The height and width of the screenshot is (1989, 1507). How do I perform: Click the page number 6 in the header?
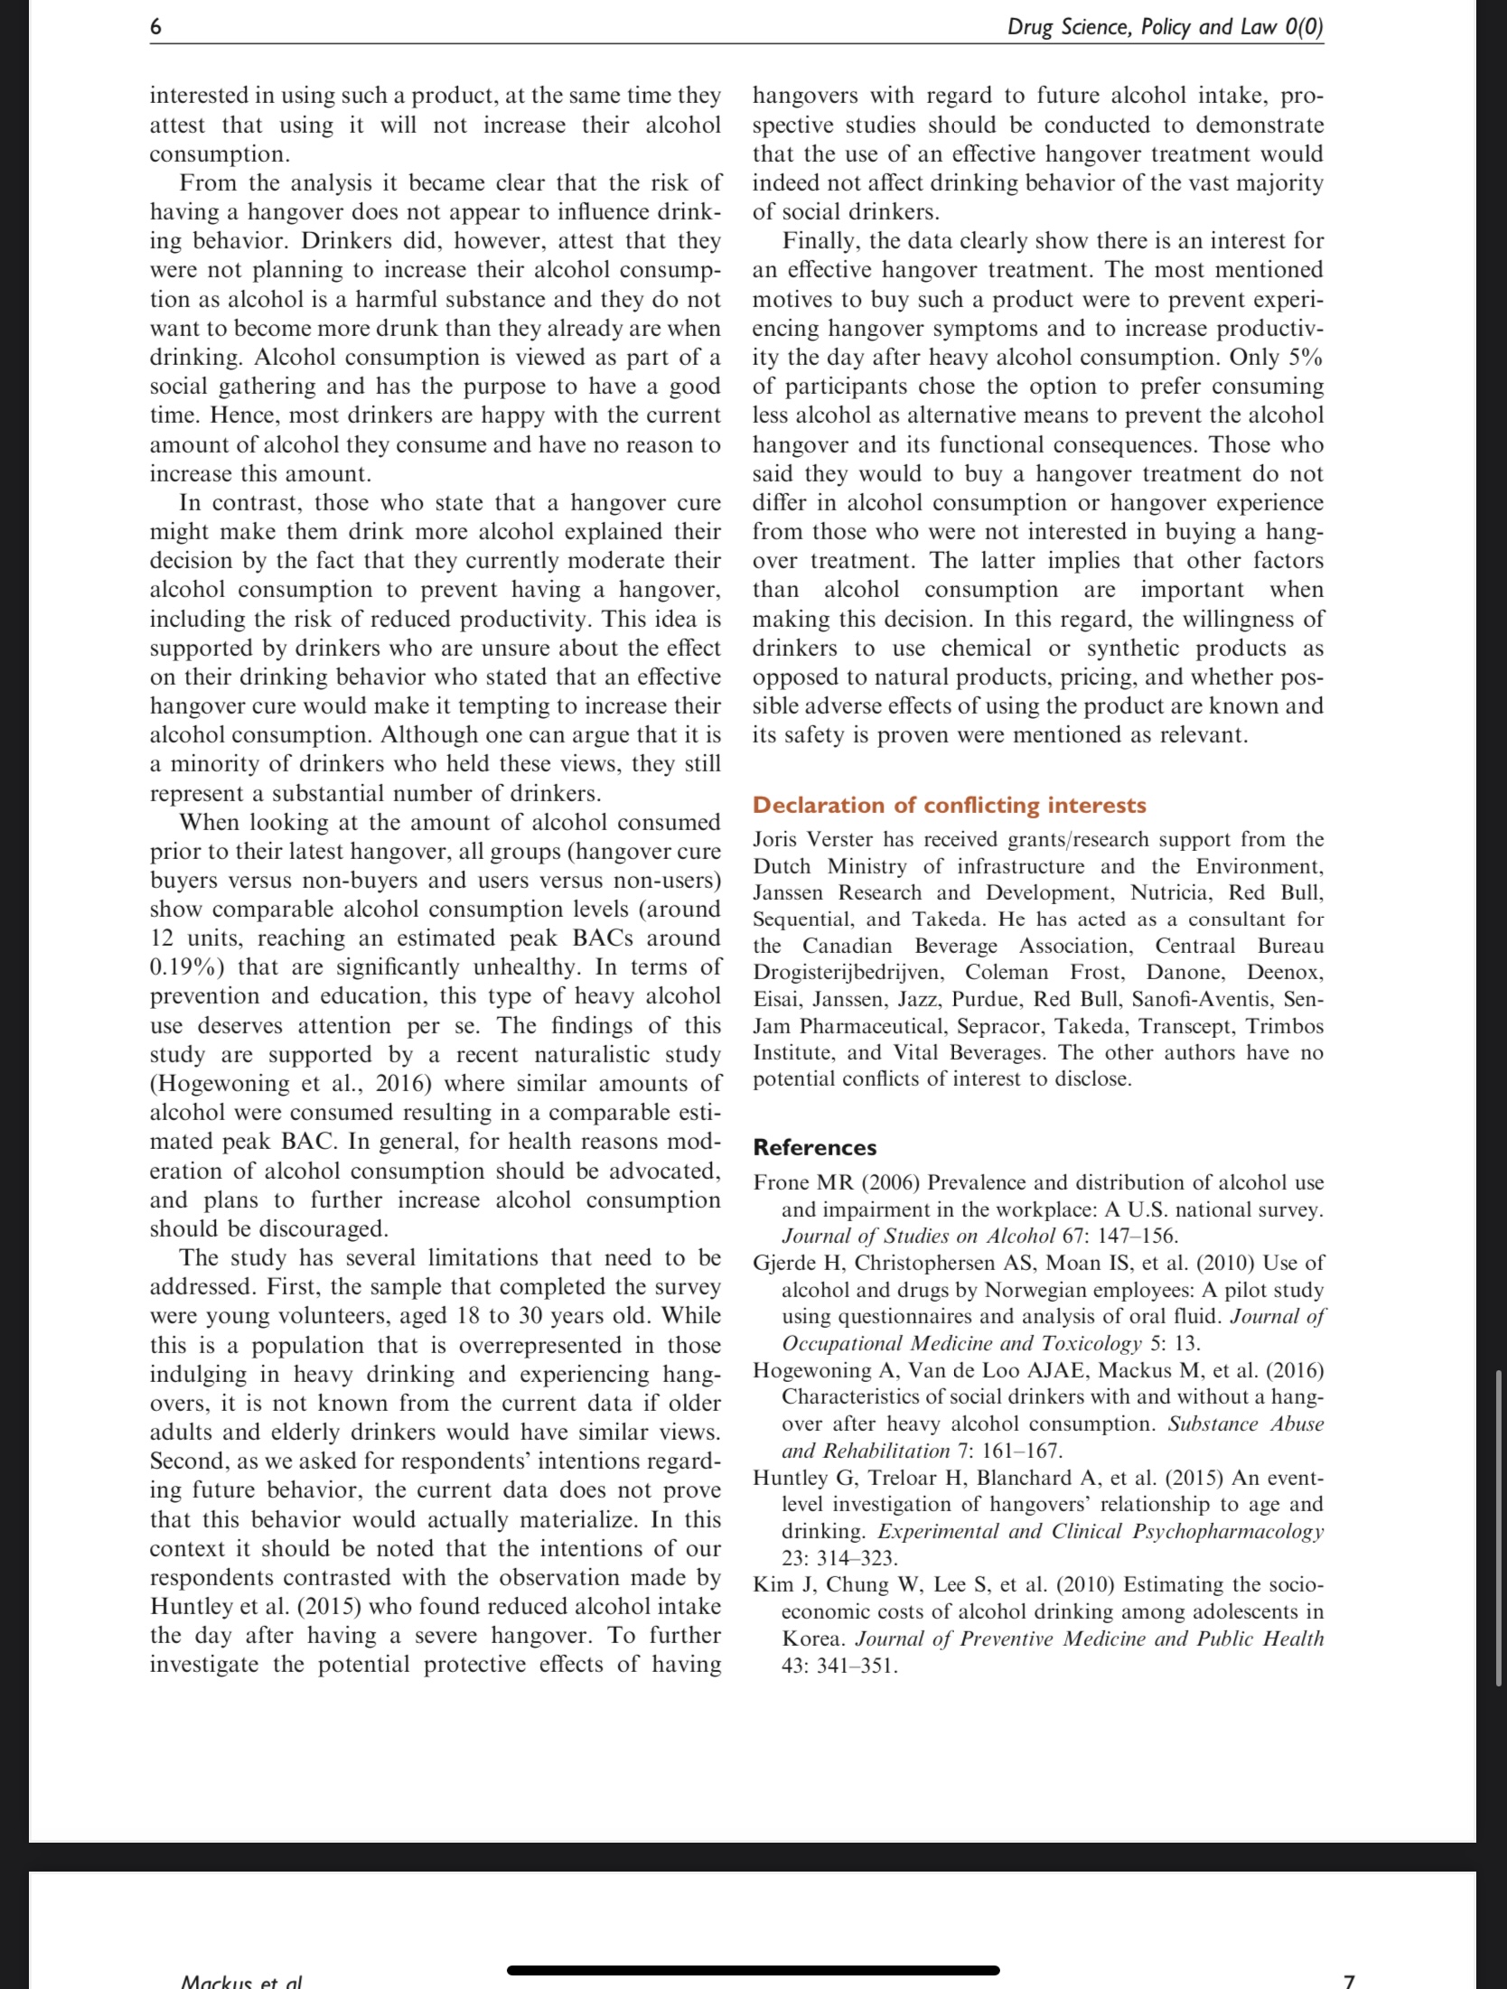[x=155, y=27]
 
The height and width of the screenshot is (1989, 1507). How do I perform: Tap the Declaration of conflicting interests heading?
[x=949, y=805]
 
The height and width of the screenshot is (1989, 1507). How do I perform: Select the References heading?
[x=814, y=1147]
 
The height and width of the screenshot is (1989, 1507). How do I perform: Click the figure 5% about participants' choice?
[x=1305, y=358]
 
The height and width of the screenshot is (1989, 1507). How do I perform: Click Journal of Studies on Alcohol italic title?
[x=918, y=1236]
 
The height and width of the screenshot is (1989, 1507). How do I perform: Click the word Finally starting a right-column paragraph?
[x=819, y=241]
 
